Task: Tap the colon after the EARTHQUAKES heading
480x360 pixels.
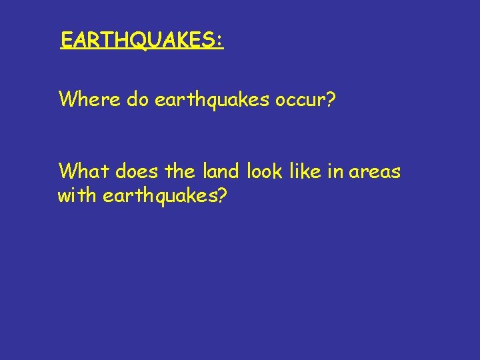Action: click(x=219, y=41)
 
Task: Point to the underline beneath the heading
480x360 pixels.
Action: click(x=141, y=50)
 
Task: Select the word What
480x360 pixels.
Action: click(x=84, y=171)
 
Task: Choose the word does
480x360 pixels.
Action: click(x=137, y=171)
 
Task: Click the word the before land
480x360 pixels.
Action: click(x=179, y=171)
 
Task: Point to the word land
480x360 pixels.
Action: click(x=221, y=171)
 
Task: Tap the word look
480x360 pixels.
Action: click(x=265, y=171)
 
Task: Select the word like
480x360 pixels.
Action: click(x=305, y=171)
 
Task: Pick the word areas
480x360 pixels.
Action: click(x=375, y=173)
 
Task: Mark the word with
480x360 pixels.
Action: click(x=77, y=196)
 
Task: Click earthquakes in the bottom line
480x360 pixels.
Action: click(x=158, y=196)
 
